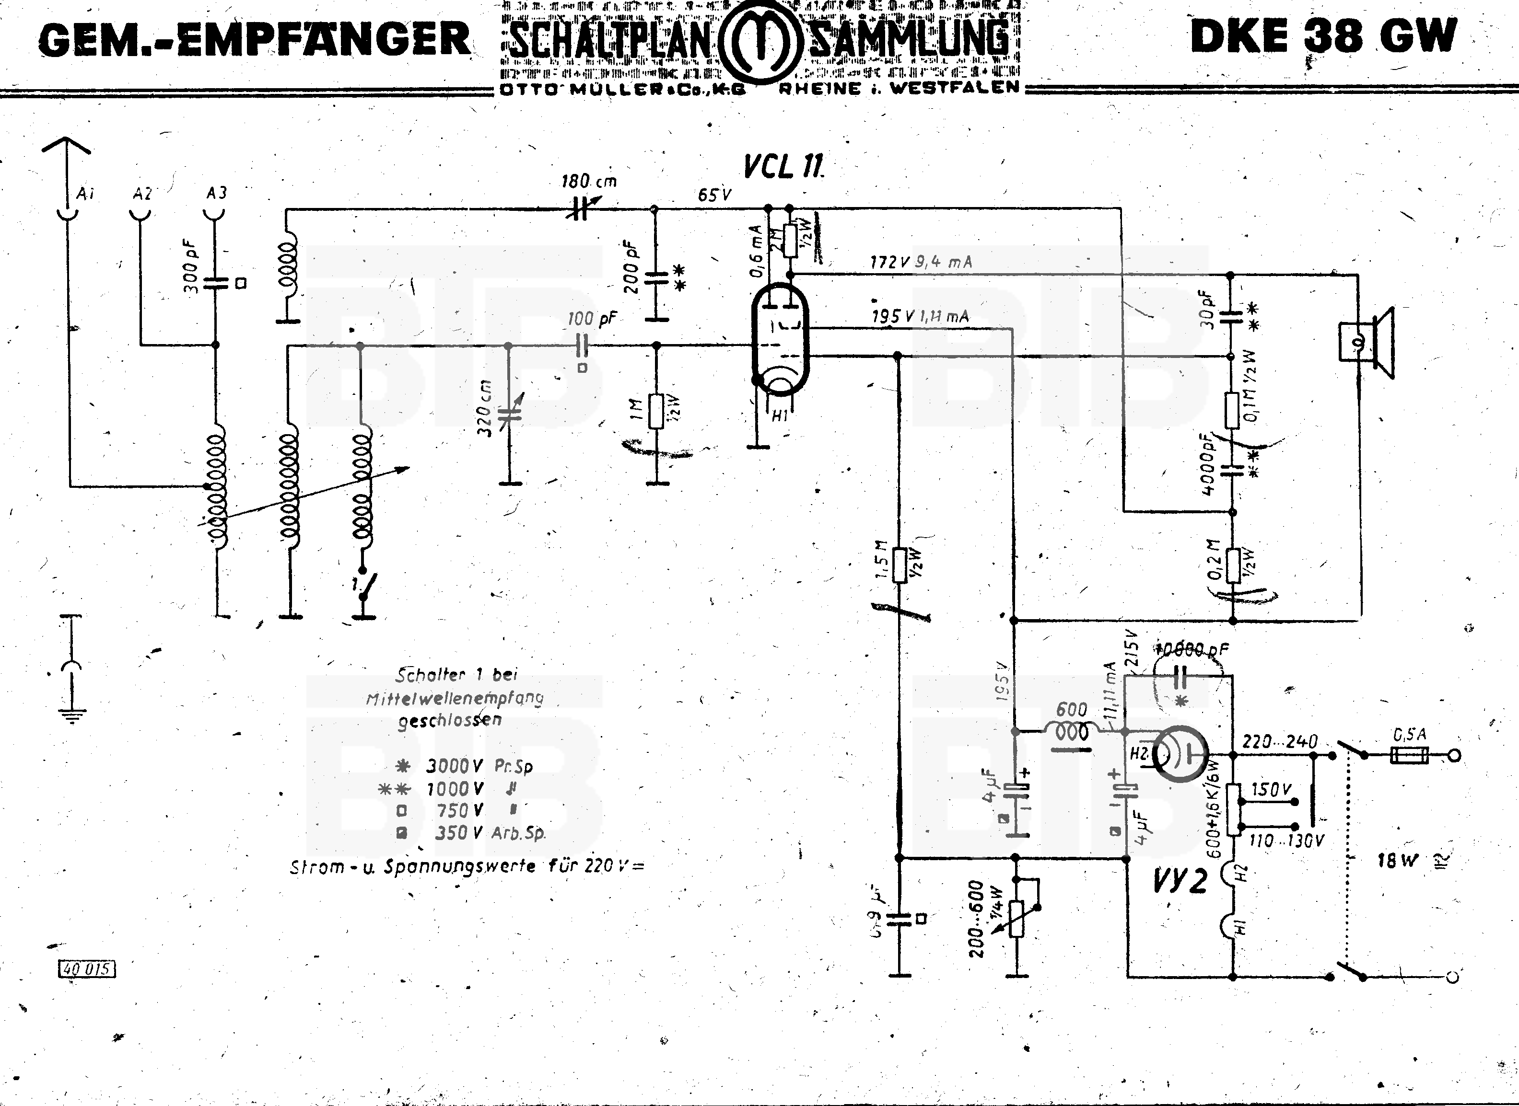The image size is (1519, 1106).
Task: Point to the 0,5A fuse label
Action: pyautogui.click(x=1410, y=735)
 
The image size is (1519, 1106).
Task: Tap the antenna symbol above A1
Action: pyautogui.click(x=66, y=146)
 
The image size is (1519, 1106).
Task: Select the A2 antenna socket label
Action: pyautogui.click(x=142, y=194)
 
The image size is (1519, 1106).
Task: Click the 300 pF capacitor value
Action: pyautogui.click(x=190, y=270)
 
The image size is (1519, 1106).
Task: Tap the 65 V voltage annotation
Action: pyautogui.click(x=714, y=195)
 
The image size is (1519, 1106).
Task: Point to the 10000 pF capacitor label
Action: pyautogui.click(x=1192, y=649)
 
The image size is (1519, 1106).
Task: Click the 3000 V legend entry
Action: pyautogui.click(x=456, y=766)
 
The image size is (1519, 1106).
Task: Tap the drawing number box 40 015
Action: pyautogui.click(x=88, y=969)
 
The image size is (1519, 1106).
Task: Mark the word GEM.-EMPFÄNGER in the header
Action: pyautogui.click(x=255, y=39)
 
